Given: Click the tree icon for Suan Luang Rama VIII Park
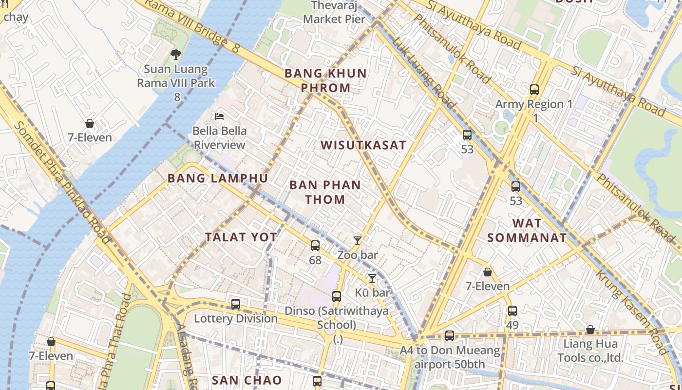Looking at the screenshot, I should pyautogui.click(x=175, y=55).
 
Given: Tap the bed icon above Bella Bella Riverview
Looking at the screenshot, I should pyautogui.click(x=219, y=117).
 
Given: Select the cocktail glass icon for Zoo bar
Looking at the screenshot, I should pyautogui.click(x=358, y=240).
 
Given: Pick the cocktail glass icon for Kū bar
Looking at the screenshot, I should pyautogui.click(x=372, y=278).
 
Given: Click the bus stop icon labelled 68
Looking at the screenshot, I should pyautogui.click(x=315, y=246).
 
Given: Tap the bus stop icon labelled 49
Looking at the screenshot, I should pyautogui.click(x=512, y=311).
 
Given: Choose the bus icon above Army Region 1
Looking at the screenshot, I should pyautogui.click(x=534, y=90).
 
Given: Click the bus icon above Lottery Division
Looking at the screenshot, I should pyautogui.click(x=236, y=304).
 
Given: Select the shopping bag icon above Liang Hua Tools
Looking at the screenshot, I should pyautogui.click(x=590, y=330).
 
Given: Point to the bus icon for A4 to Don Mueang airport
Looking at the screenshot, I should pyautogui.click(x=450, y=336).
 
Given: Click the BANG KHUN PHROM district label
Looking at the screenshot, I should pyautogui.click(x=325, y=80).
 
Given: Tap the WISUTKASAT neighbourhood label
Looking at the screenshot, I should pyautogui.click(x=363, y=145).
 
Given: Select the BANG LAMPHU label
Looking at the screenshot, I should pyautogui.click(x=218, y=178).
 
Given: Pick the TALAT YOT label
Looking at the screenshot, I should pyautogui.click(x=241, y=237).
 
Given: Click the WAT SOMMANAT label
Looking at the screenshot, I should pyautogui.click(x=527, y=231).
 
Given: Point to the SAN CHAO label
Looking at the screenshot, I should pyautogui.click(x=246, y=380).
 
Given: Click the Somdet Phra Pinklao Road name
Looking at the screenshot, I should pyautogui.click(x=61, y=180).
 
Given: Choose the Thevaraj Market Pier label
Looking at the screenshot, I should pyautogui.click(x=334, y=13).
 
